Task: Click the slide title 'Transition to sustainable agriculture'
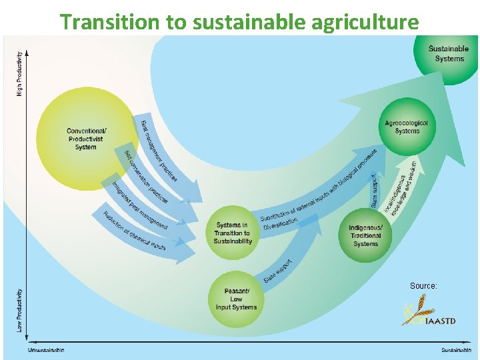pyautogui.click(x=239, y=21)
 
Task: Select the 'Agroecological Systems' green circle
pyautogui.click(x=407, y=127)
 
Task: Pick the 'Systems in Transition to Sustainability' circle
pyautogui.click(x=233, y=233)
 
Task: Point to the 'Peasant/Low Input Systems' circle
pyautogui.click(x=236, y=299)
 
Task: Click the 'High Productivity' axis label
pyautogui.click(x=19, y=73)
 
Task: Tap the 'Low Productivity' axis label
pyautogui.click(x=19, y=311)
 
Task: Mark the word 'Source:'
pyautogui.click(x=423, y=286)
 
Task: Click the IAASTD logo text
pyautogui.click(x=441, y=320)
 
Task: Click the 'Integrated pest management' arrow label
pyautogui.click(x=139, y=206)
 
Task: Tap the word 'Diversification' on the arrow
pyautogui.click(x=281, y=226)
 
